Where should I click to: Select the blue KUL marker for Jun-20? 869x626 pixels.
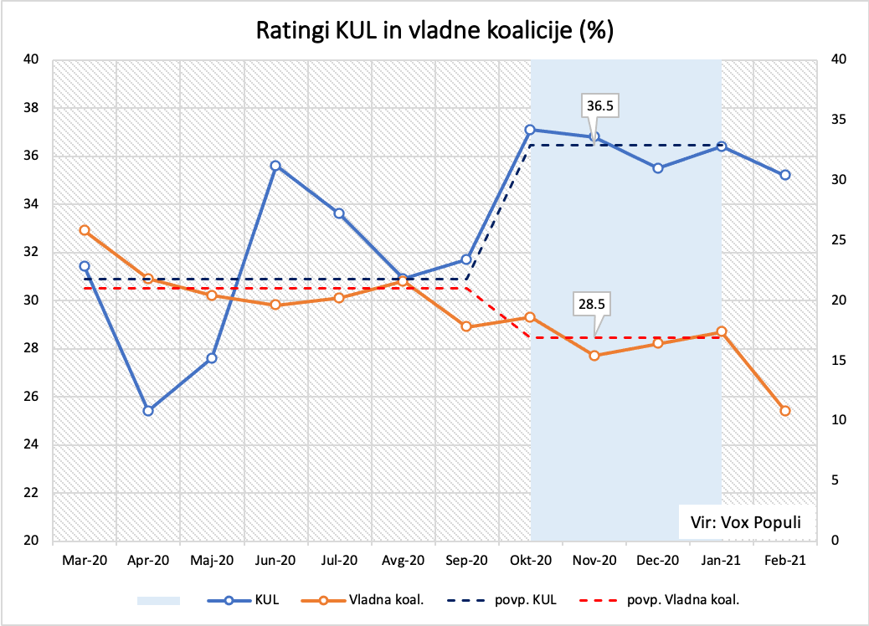pos(275,166)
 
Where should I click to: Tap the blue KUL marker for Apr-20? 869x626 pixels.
pos(148,411)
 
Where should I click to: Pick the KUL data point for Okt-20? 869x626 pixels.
pos(530,130)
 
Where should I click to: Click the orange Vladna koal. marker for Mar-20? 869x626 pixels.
pos(85,230)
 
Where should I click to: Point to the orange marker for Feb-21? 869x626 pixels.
pos(785,411)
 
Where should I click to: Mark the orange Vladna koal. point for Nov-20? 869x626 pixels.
pos(594,356)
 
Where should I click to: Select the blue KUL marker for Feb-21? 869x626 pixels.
pos(785,175)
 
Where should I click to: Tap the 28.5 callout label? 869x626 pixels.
pos(594,304)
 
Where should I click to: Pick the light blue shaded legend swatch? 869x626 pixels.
pos(158,599)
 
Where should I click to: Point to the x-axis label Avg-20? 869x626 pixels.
pos(404,562)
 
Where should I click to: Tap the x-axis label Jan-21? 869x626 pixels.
pos(722,562)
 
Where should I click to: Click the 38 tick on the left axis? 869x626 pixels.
pos(32,108)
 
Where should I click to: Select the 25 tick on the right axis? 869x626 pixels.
pos(836,240)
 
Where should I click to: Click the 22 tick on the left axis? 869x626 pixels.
pos(32,493)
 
